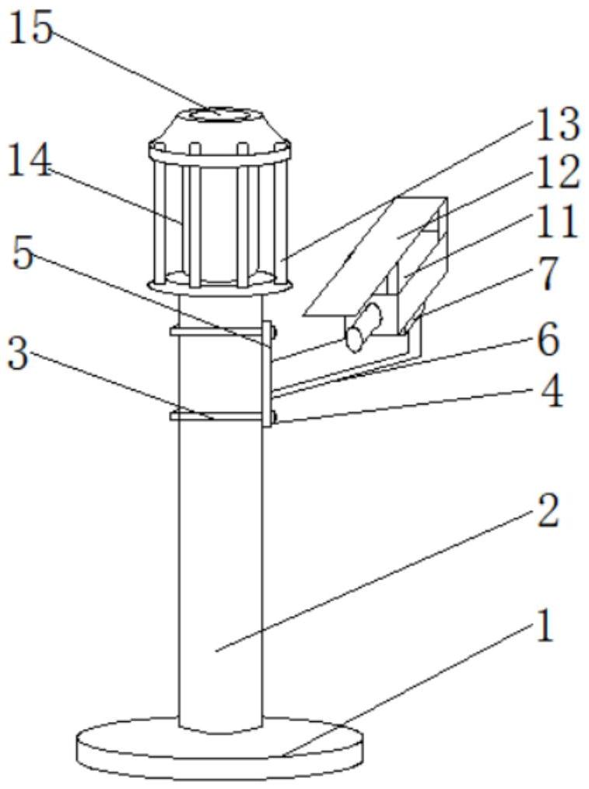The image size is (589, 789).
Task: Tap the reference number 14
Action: [x=30, y=162]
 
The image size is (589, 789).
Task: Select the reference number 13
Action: [x=555, y=125]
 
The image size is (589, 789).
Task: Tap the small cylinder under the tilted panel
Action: [x=363, y=326]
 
